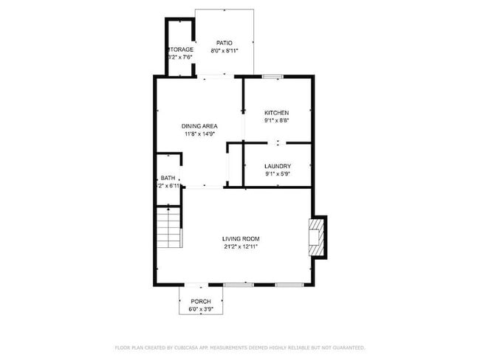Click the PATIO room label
pyautogui.click(x=224, y=43)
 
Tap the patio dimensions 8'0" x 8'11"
pyautogui.click(x=224, y=51)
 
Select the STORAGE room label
pyautogui.click(x=180, y=49)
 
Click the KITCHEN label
pyautogui.click(x=277, y=112)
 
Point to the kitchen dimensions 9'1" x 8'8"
pyautogui.click(x=277, y=120)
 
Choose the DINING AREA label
pyautogui.click(x=199, y=126)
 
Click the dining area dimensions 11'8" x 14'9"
pyautogui.click(x=199, y=134)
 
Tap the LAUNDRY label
pyautogui.click(x=277, y=166)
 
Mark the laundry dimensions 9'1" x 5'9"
pyautogui.click(x=277, y=174)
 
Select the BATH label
pyautogui.click(x=168, y=178)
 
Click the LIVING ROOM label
pyautogui.click(x=241, y=238)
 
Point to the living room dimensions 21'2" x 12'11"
pyautogui.click(x=241, y=246)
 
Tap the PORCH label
pyautogui.click(x=201, y=301)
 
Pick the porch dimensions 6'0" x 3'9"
pyautogui.click(x=201, y=309)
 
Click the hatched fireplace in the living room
pyautogui.click(x=318, y=237)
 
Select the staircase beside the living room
pyautogui.click(x=168, y=227)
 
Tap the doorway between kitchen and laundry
pyautogui.click(x=278, y=142)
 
